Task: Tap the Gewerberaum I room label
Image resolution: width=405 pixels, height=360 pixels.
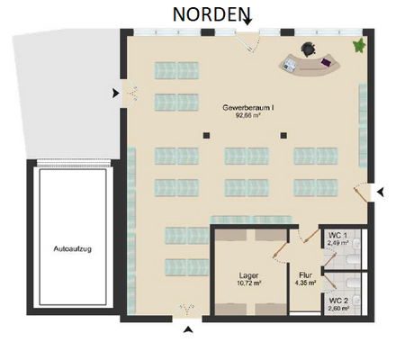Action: (x=248, y=107)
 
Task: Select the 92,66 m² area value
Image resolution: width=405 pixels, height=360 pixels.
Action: (x=248, y=115)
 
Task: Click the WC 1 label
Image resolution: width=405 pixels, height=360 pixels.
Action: (x=337, y=234)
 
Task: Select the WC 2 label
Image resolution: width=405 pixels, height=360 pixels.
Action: (x=337, y=300)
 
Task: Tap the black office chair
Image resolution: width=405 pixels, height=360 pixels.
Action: (x=310, y=49)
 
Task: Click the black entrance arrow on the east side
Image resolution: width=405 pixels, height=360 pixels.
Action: (x=382, y=192)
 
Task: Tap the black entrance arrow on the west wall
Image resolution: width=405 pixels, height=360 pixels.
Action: (x=113, y=92)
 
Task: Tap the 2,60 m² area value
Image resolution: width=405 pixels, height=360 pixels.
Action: (x=337, y=309)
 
